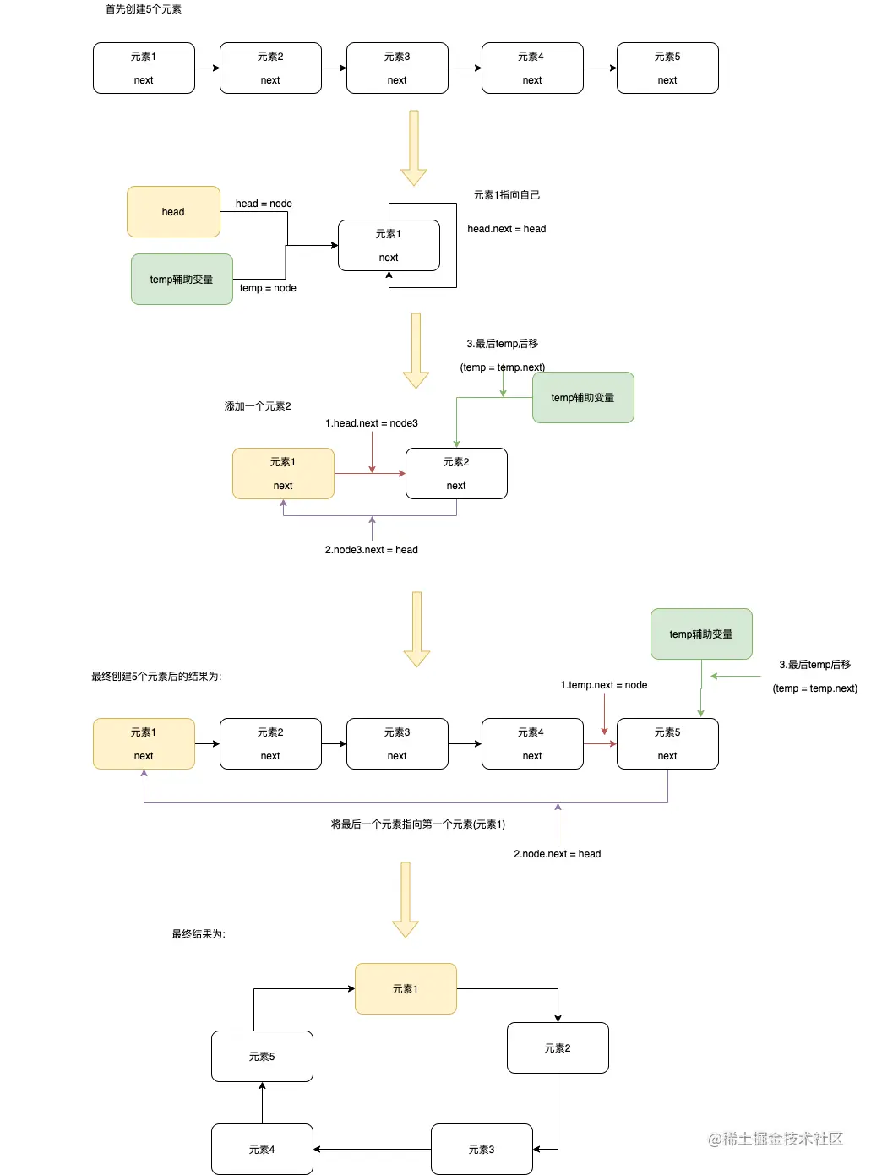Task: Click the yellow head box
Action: coord(173,212)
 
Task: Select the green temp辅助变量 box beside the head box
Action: coord(182,280)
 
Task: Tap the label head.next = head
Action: coord(506,229)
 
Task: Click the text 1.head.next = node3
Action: coord(372,423)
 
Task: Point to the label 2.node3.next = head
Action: coord(371,550)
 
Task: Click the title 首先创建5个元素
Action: coord(144,9)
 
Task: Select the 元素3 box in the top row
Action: coord(397,68)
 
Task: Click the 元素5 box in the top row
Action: coord(667,68)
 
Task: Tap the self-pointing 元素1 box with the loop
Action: coord(389,246)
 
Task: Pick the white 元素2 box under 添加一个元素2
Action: coord(456,474)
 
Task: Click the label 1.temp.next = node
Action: coord(604,685)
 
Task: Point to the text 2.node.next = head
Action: coord(557,854)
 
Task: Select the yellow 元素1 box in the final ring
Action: coord(406,989)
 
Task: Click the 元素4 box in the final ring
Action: coord(262,1149)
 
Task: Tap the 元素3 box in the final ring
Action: coord(482,1149)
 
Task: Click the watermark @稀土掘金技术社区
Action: coord(776,1139)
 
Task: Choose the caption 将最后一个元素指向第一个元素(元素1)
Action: coord(417,824)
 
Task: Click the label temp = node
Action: coord(268,288)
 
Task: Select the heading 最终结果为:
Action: coord(199,934)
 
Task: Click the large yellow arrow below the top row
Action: coord(414,148)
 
